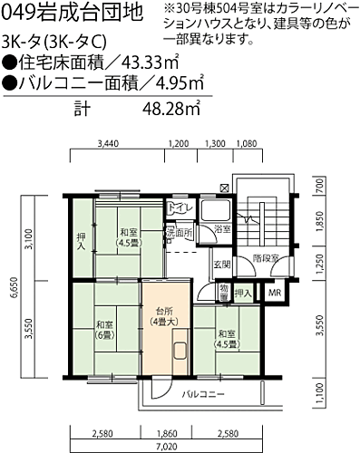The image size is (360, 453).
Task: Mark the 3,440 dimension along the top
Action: point(108,144)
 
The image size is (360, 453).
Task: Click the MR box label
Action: point(273,293)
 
